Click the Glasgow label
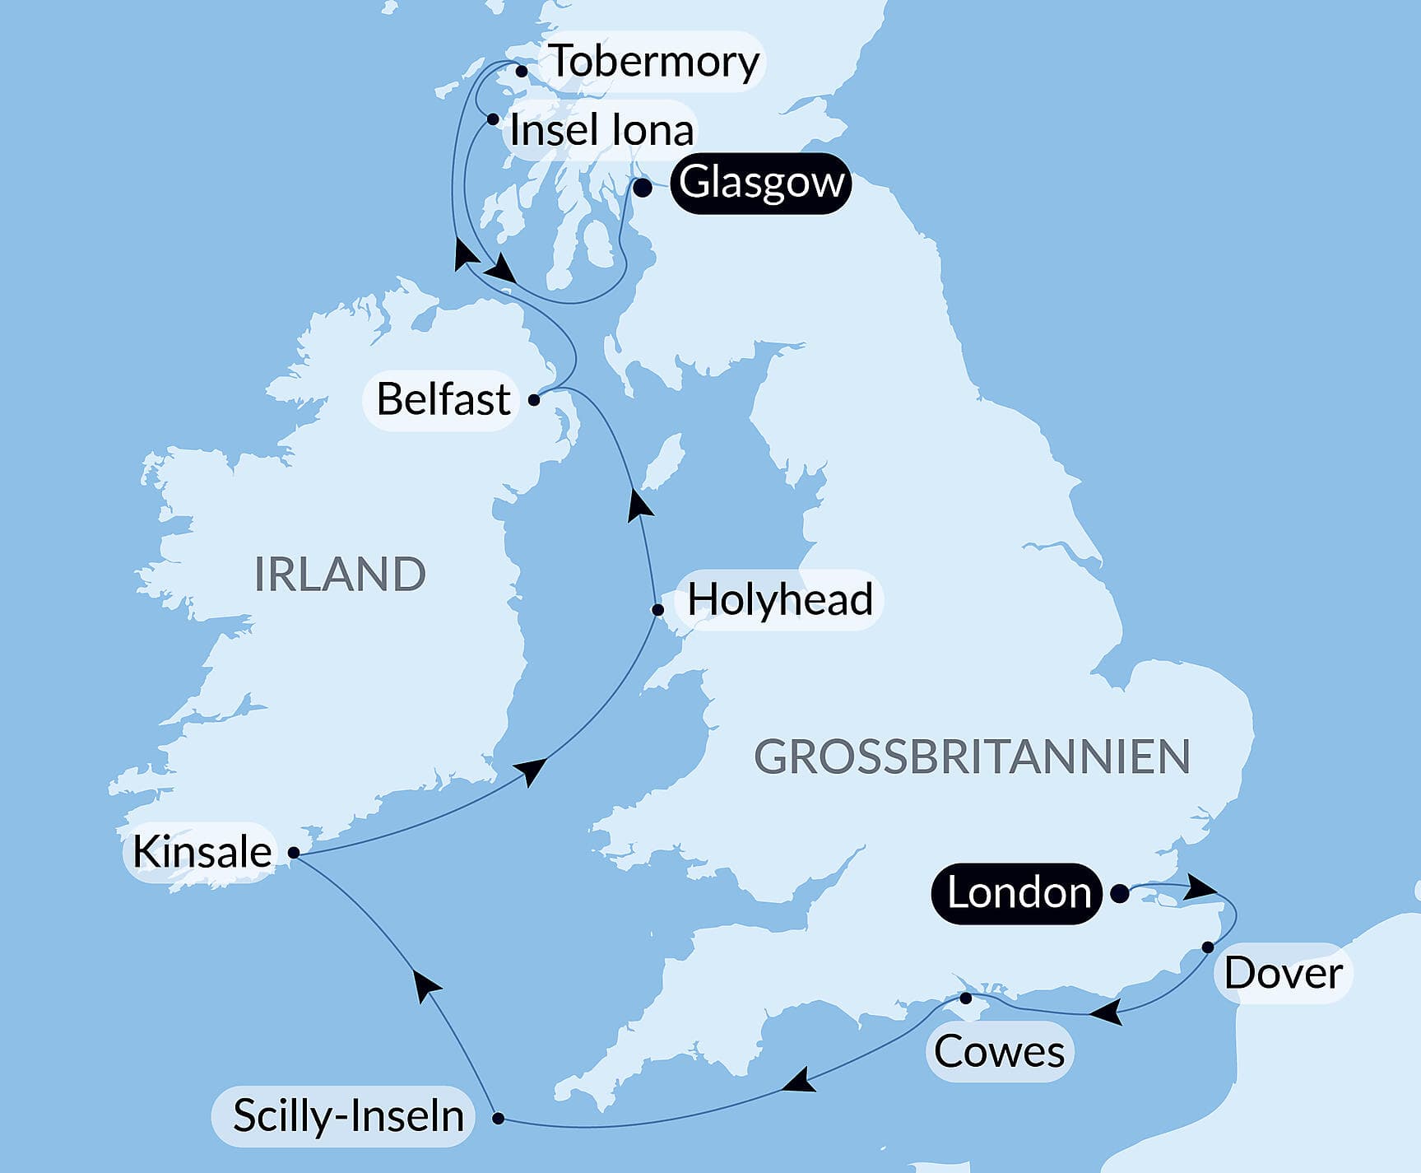pos(761,183)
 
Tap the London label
pos(1018,893)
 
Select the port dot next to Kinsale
pos(294,853)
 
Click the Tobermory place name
pos(653,61)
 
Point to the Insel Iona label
pos(601,130)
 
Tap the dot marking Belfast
pos(534,400)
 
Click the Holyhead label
pos(779,599)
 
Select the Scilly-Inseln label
pos(348,1116)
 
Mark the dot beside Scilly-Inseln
pos(498,1118)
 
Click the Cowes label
pos(999,1051)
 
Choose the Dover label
pos(1283,973)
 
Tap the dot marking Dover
pos(1208,947)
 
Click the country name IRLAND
pos(340,574)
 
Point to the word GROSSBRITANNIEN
pos(972,756)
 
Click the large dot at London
pos(1120,893)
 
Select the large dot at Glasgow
pos(643,188)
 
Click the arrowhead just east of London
pos(1202,887)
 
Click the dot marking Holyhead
pos(657,610)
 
